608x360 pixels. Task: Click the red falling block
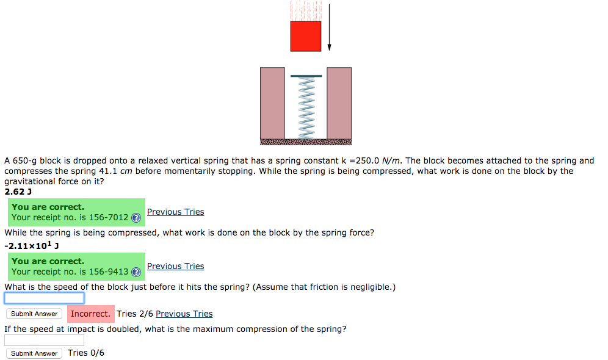pyautogui.click(x=306, y=36)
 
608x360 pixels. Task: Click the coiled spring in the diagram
pyautogui.click(x=306, y=107)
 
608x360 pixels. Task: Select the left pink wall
pyautogui.click(x=272, y=103)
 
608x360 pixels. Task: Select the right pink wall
pyautogui.click(x=339, y=103)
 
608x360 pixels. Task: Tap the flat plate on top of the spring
pyautogui.click(x=306, y=76)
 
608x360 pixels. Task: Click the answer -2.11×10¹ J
pyautogui.click(x=31, y=246)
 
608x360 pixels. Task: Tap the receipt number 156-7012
pyautogui.click(x=109, y=217)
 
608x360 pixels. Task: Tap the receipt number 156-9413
pyautogui.click(x=109, y=272)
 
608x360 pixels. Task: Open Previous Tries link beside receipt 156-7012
pyautogui.click(x=175, y=212)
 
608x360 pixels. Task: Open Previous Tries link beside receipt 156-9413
pyautogui.click(x=175, y=266)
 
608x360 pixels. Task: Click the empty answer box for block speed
pyautogui.click(x=45, y=298)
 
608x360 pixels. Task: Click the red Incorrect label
pyautogui.click(x=90, y=314)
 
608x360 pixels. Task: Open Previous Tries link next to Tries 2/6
pyautogui.click(x=184, y=314)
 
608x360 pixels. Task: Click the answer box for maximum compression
pyautogui.click(x=45, y=340)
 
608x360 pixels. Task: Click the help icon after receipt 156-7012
pyautogui.click(x=136, y=218)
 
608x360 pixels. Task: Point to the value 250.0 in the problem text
pyautogui.click(x=367, y=161)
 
